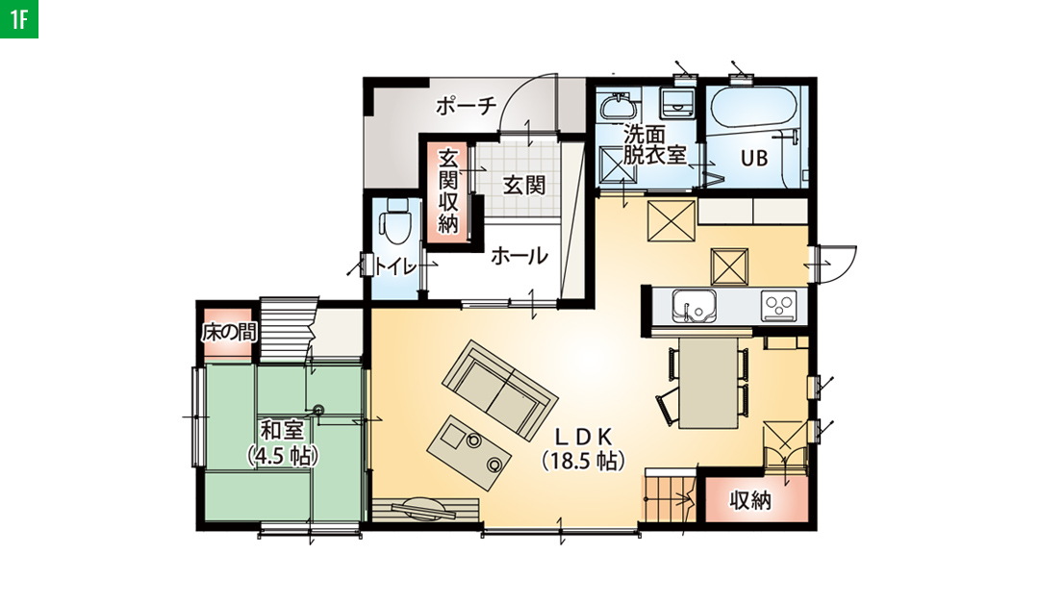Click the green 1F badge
(x=18, y=18)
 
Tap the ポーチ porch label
(x=466, y=106)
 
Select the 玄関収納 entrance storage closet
(x=448, y=191)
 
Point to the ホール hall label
(x=519, y=256)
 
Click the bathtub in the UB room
(x=753, y=106)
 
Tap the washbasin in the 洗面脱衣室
(x=618, y=106)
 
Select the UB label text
(x=754, y=159)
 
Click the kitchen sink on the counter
(x=693, y=307)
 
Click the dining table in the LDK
(x=708, y=383)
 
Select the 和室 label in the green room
(x=282, y=431)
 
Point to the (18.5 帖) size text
(x=583, y=460)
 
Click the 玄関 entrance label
(x=523, y=185)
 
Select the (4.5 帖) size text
(x=282, y=456)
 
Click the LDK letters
(x=582, y=436)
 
